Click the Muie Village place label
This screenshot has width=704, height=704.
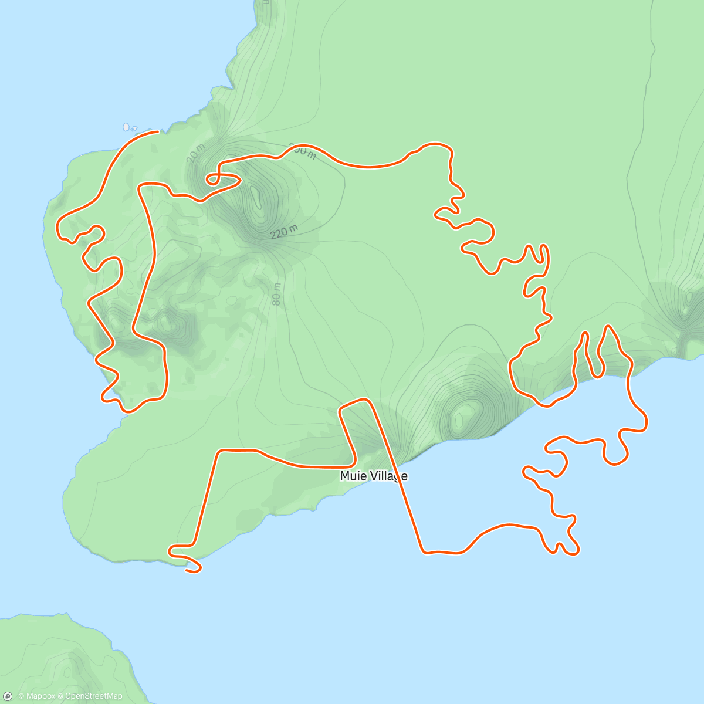coord(373,476)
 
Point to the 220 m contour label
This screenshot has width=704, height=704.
coord(284,232)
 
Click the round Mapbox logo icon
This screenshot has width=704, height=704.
coord(8,696)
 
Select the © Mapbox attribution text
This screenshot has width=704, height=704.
coord(37,696)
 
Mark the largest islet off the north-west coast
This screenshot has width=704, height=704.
coord(126,126)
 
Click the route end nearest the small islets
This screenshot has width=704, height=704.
coord(158,132)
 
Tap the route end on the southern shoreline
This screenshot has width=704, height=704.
coord(187,570)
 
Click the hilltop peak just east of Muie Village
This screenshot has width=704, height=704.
coord(463,414)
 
